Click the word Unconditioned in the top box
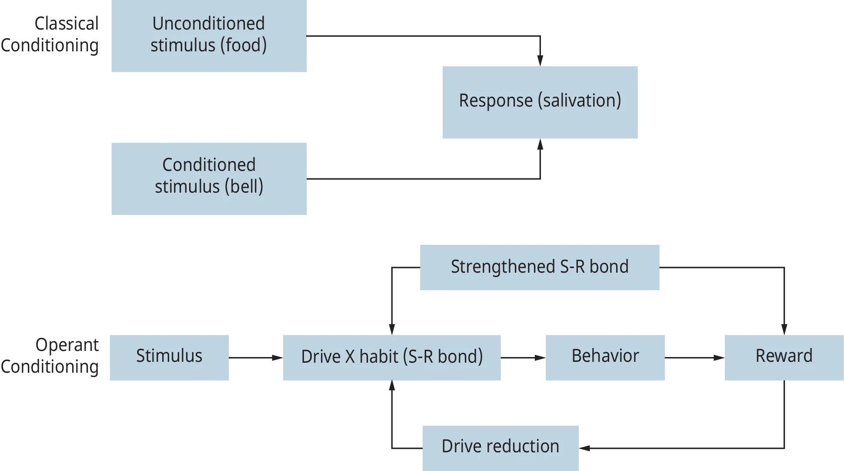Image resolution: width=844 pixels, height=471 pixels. (208, 23)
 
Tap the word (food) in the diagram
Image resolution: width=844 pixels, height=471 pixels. (244, 45)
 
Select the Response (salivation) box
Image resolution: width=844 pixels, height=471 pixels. (540, 102)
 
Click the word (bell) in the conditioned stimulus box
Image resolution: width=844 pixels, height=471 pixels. (244, 187)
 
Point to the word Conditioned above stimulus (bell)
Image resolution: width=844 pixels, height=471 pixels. (209, 165)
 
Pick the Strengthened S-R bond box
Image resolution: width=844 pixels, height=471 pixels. (539, 267)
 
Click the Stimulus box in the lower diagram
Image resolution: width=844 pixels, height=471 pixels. (169, 357)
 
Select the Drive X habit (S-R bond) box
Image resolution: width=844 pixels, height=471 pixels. (391, 357)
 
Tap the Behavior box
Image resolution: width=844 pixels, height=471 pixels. (605, 357)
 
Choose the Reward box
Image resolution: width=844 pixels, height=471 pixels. (784, 357)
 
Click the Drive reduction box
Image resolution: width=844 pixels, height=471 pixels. (500, 447)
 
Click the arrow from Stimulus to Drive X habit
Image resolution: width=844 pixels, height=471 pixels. (256, 358)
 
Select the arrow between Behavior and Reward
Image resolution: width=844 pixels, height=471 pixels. (695, 358)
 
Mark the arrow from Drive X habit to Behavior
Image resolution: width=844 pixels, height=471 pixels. (522, 358)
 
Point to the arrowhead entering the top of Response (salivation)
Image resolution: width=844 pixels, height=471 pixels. (540, 58)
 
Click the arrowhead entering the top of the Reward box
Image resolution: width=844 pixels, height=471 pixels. (784, 327)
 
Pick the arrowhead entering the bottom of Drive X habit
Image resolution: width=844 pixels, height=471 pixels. (391, 387)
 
